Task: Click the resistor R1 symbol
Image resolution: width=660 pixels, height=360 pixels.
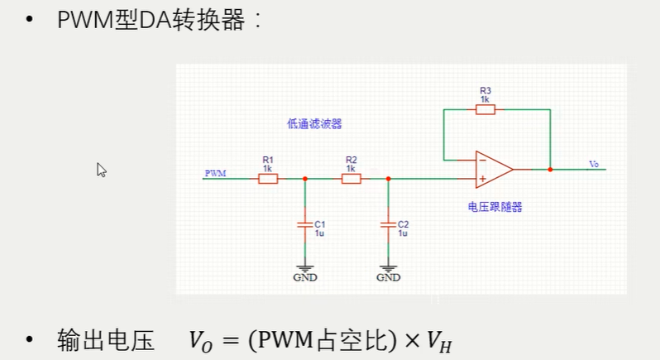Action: pyautogui.click(x=267, y=178)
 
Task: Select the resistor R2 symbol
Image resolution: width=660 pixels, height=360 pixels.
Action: pyautogui.click(x=351, y=178)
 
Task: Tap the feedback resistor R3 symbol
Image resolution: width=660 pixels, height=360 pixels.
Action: pyautogui.click(x=485, y=109)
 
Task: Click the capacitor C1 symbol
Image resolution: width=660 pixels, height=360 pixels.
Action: pyautogui.click(x=305, y=223)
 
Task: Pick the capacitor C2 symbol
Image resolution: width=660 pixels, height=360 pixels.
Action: pyautogui.click(x=388, y=223)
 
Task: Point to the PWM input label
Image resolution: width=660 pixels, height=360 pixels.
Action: pyautogui.click(x=214, y=172)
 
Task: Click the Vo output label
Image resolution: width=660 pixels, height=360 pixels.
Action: pyautogui.click(x=593, y=164)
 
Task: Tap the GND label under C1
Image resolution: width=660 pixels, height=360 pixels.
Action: pyautogui.click(x=305, y=277)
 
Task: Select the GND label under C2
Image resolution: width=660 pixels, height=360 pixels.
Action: pyautogui.click(x=388, y=277)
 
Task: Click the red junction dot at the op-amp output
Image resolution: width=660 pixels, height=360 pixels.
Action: pyautogui.click(x=550, y=169)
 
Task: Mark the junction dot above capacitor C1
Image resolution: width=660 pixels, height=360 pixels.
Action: pyautogui.click(x=305, y=178)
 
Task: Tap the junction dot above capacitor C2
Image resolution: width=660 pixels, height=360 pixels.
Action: pyautogui.click(x=388, y=178)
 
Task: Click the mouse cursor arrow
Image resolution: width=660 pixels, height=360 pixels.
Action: pyautogui.click(x=101, y=169)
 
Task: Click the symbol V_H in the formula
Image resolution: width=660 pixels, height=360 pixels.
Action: pyautogui.click(x=439, y=340)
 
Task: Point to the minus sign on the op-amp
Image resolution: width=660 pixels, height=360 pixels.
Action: pyautogui.click(x=482, y=160)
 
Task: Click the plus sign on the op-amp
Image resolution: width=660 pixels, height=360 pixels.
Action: pyautogui.click(x=482, y=178)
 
